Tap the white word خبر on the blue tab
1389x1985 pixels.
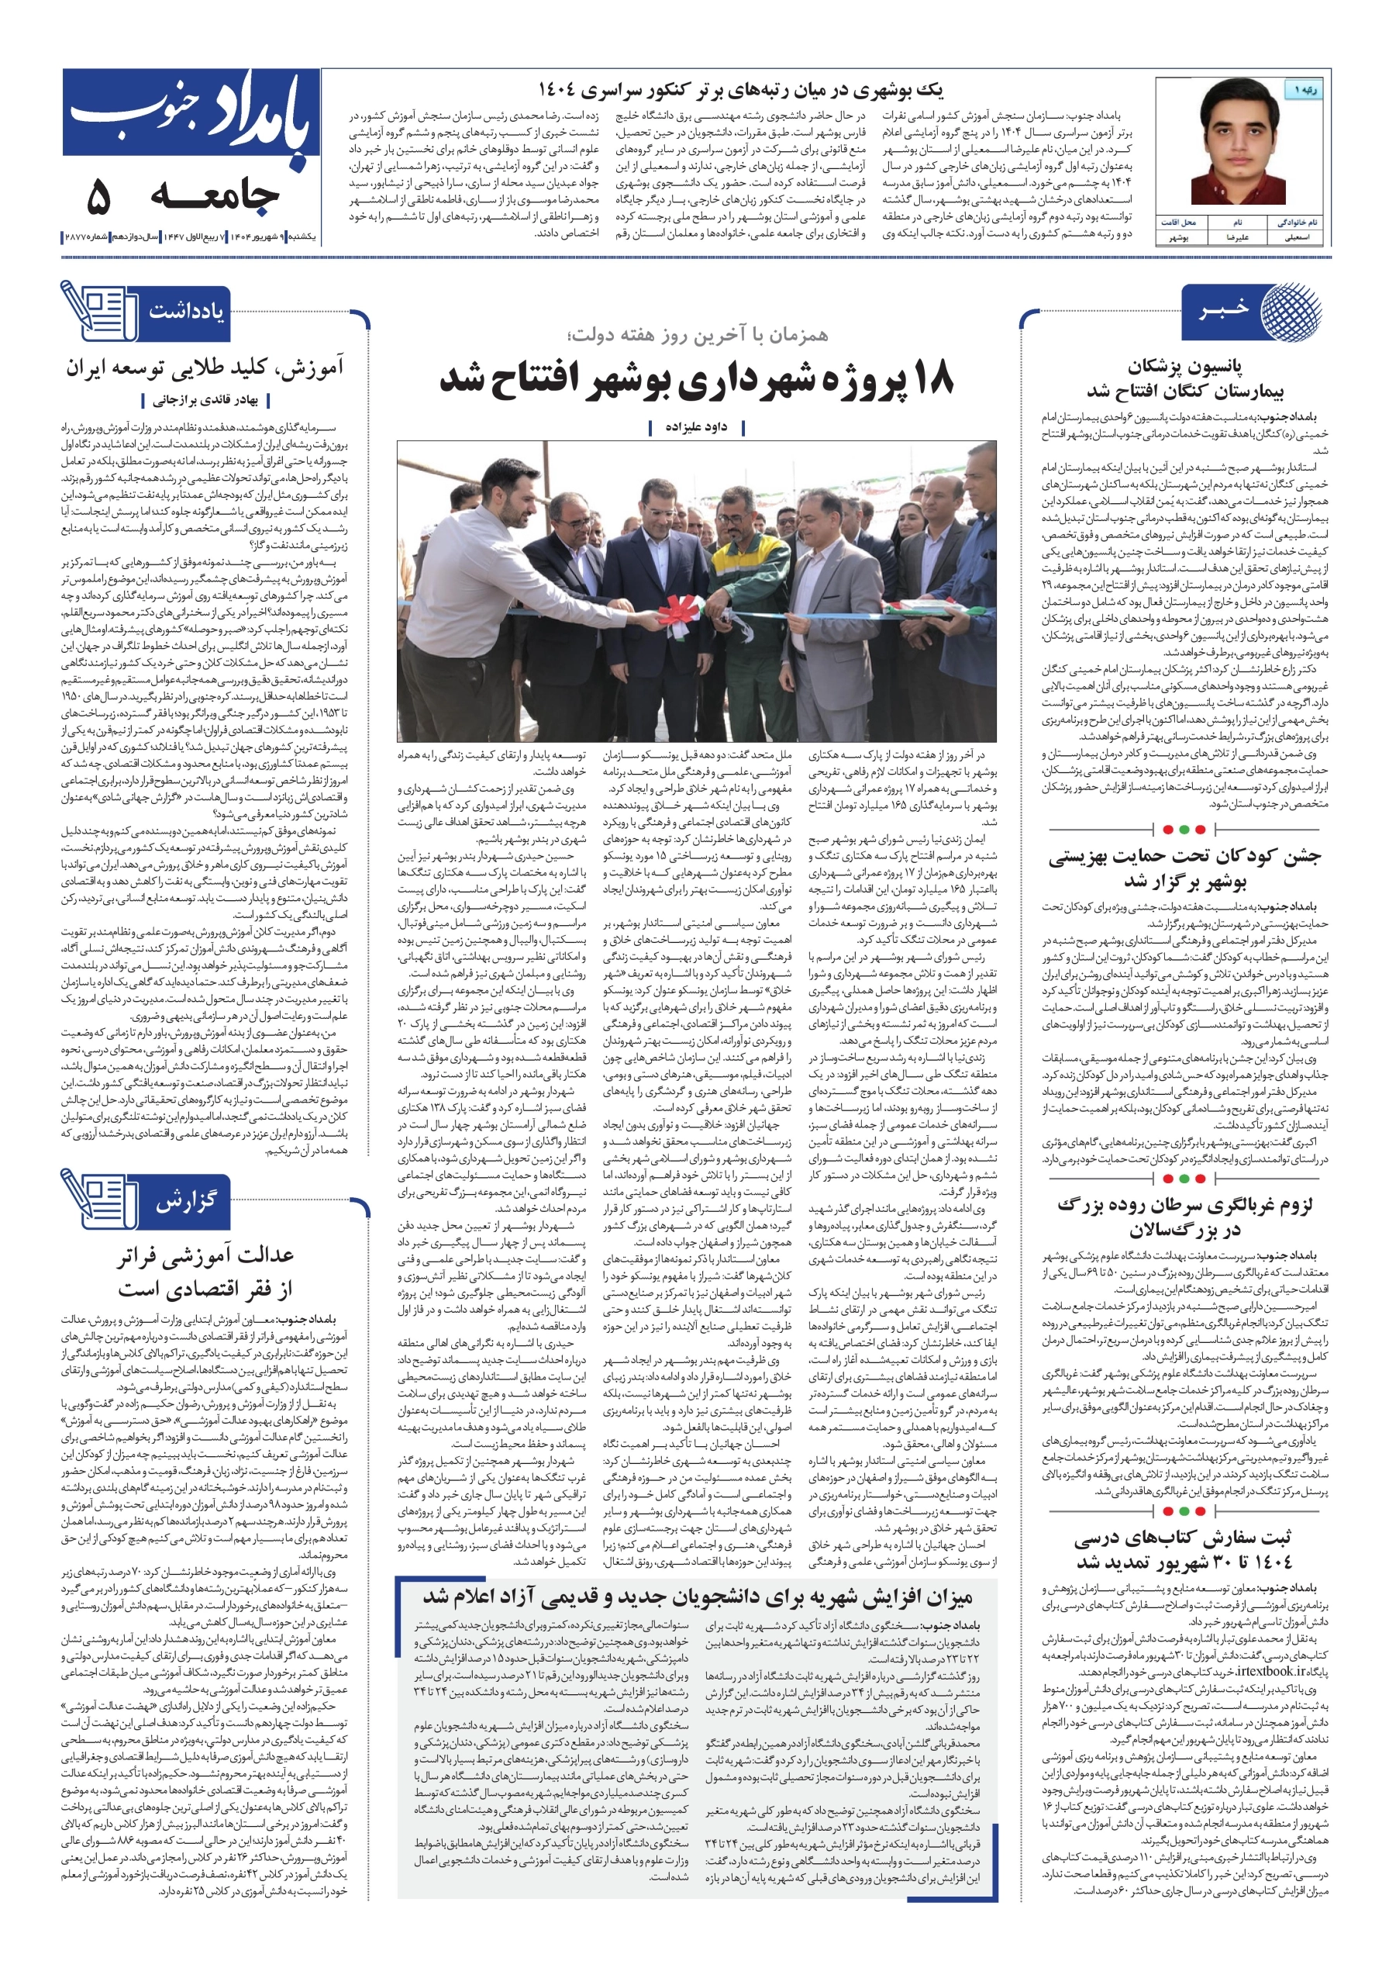tap(1223, 309)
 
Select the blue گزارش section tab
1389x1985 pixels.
tap(187, 1201)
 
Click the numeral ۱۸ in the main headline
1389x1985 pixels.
tap(929, 381)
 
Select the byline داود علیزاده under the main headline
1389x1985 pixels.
tap(695, 426)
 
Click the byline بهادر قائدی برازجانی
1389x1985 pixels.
tap(205, 400)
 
